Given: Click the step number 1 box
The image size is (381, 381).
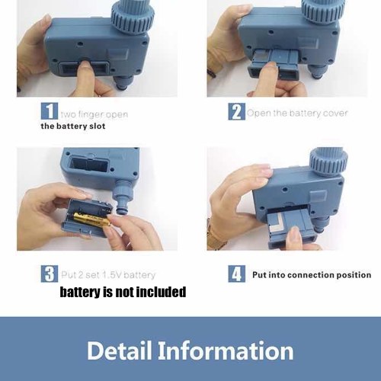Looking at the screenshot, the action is [50, 111].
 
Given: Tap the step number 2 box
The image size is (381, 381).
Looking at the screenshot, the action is [236, 111].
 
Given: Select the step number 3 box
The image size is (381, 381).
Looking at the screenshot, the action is [50, 274].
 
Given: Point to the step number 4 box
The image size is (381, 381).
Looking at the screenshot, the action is [236, 274].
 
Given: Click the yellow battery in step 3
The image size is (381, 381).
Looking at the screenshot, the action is [92, 219].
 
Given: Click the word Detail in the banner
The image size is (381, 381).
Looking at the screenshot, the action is [120, 351].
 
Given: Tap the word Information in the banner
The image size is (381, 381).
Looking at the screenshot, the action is [226, 351].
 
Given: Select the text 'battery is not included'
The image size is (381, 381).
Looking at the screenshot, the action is [123, 292].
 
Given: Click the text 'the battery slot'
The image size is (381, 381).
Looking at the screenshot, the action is [73, 126].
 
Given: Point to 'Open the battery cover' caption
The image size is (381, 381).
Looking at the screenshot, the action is [297, 113].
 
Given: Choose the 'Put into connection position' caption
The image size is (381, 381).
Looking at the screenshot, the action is [312, 275].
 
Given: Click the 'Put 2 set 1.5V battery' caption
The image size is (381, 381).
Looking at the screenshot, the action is [108, 275].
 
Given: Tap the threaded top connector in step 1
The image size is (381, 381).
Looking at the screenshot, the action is [133, 17].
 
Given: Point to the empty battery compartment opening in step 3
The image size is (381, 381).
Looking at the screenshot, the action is [88, 164].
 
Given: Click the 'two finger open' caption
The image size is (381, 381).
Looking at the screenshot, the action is [94, 114].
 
